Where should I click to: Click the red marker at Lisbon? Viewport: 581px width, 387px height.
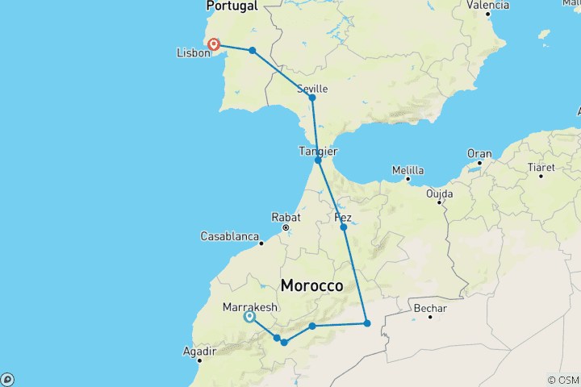[214, 45]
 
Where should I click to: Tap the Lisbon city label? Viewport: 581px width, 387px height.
[193, 54]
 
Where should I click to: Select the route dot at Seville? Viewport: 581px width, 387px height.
[312, 98]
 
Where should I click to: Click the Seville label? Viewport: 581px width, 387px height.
[312, 88]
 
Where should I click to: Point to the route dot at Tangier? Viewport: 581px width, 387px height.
[319, 160]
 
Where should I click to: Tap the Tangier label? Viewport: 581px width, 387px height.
[318, 151]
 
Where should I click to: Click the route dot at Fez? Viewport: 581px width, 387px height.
[344, 227]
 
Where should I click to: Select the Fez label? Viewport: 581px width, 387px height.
[342, 218]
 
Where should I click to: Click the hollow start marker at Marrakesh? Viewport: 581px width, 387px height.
[249, 317]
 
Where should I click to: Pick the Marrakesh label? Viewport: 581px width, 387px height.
[249, 307]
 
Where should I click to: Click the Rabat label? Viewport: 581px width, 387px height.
[286, 218]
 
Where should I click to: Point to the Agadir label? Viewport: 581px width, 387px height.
[199, 352]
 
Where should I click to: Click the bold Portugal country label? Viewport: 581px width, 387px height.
[232, 6]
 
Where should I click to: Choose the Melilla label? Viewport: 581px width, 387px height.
[408, 171]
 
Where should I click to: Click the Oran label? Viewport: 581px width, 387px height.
[479, 153]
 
